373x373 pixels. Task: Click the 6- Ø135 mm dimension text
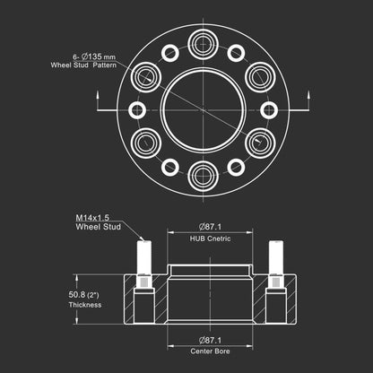click(x=94, y=56)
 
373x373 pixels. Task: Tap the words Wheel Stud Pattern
click(x=83, y=65)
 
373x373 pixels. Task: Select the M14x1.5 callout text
click(x=92, y=218)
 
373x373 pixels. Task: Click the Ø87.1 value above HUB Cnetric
click(x=211, y=227)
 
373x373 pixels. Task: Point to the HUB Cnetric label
click(x=210, y=239)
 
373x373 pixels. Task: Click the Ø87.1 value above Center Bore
click(x=211, y=340)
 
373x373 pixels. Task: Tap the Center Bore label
click(x=210, y=351)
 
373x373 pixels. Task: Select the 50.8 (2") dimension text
click(x=83, y=295)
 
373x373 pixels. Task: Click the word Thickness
click(x=85, y=305)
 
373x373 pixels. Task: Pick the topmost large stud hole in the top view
click(x=204, y=45)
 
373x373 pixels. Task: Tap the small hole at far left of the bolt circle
click(x=137, y=110)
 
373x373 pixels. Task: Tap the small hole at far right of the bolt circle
click(x=269, y=110)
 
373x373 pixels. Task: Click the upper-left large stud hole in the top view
click(x=146, y=77)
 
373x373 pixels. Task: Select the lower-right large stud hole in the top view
click(x=260, y=143)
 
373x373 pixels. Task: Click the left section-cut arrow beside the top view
click(x=98, y=101)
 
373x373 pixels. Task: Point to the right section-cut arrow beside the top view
click(x=309, y=101)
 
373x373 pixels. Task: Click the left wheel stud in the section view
click(x=144, y=257)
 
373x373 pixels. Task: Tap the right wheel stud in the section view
click(x=276, y=257)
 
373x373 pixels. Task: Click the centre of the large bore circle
click(x=204, y=110)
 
